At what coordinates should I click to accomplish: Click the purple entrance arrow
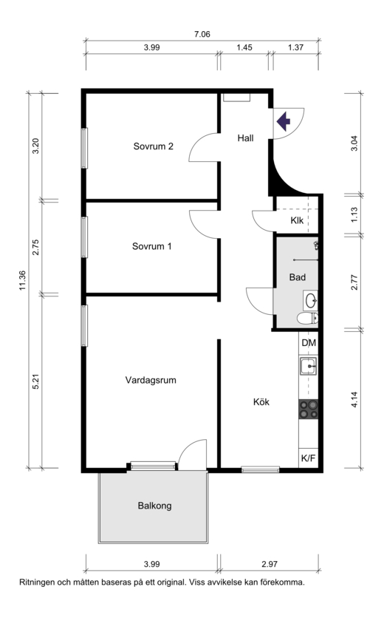(284, 122)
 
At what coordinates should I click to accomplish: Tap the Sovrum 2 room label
(153, 146)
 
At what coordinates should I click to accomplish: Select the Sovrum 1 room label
(152, 246)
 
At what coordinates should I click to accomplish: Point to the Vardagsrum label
(151, 381)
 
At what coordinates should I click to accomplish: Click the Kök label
(261, 401)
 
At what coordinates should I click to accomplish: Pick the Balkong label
(155, 506)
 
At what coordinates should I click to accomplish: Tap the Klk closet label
(297, 220)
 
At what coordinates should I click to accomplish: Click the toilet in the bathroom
(308, 318)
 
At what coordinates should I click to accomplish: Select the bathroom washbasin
(310, 300)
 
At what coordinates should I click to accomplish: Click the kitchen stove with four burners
(309, 409)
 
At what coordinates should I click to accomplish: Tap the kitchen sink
(309, 367)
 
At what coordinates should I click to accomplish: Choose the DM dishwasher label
(309, 343)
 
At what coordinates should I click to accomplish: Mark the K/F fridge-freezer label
(309, 458)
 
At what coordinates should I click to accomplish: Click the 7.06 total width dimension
(202, 34)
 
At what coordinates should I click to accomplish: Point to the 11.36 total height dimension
(22, 281)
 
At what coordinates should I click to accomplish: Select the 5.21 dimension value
(36, 381)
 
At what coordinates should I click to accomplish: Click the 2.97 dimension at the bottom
(270, 564)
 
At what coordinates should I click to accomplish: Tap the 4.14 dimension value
(354, 399)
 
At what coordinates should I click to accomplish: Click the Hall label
(245, 138)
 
